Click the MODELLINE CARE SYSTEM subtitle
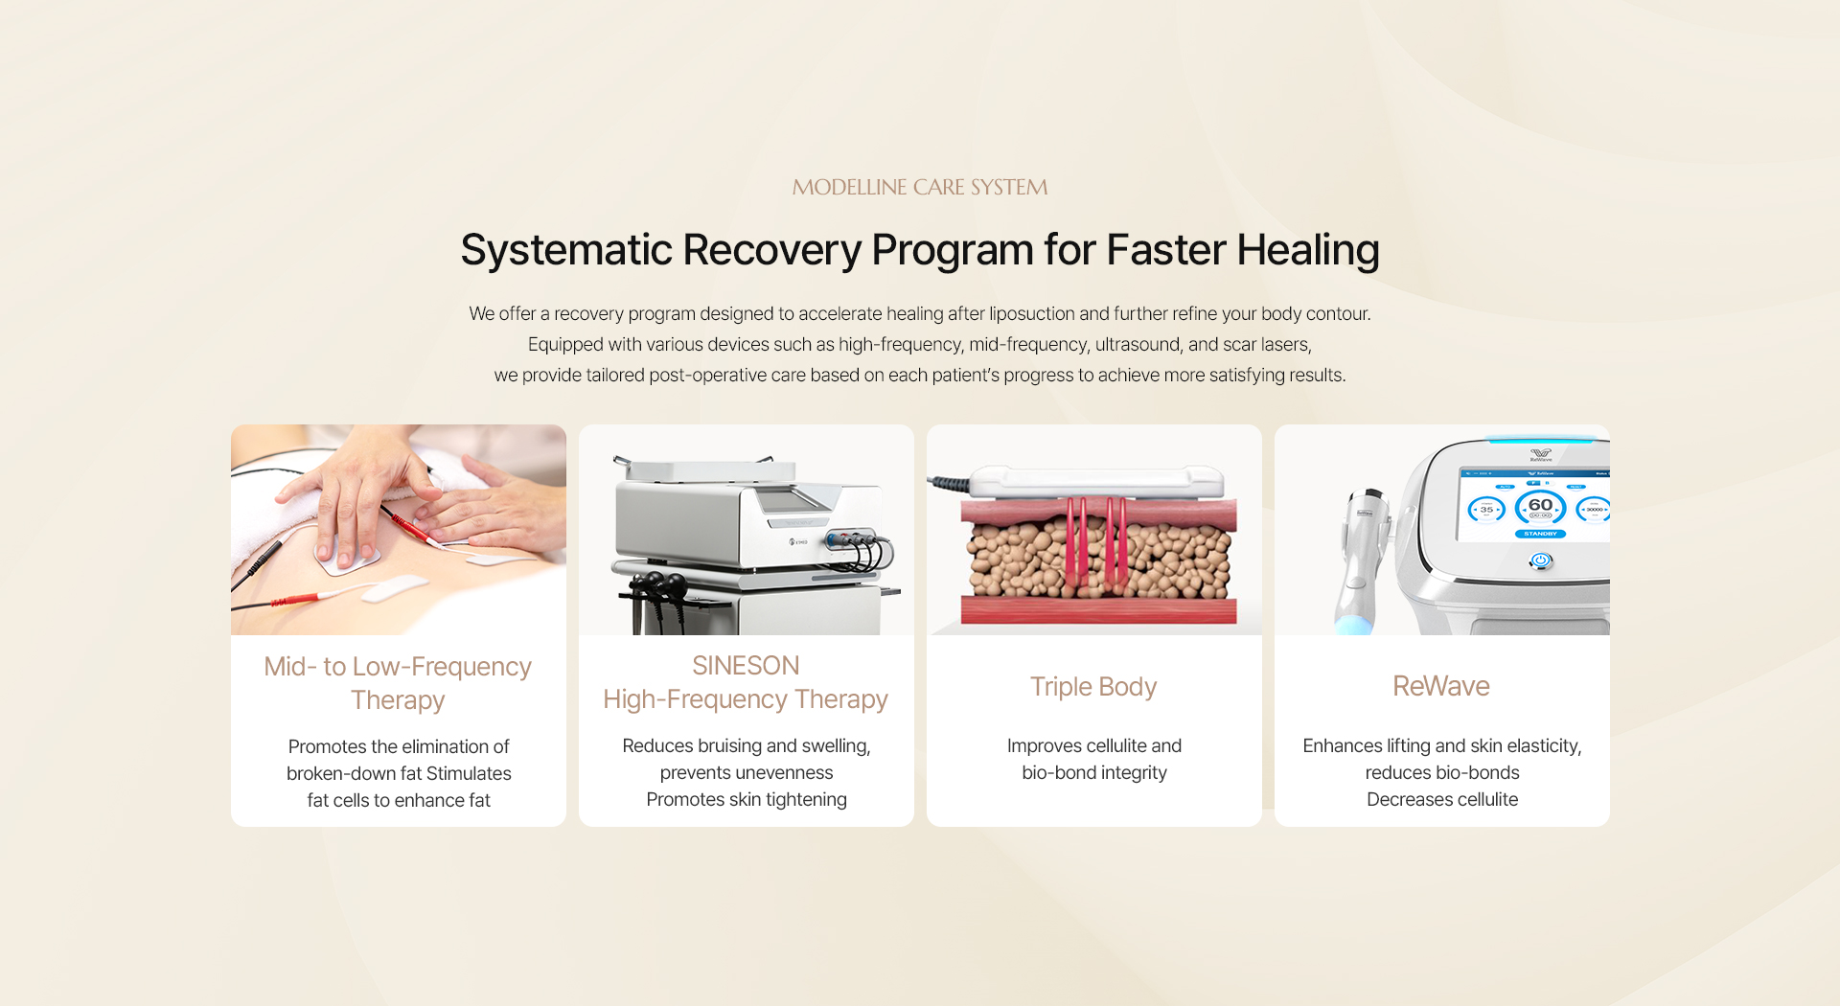920,187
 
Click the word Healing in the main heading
1307,250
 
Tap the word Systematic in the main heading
566,250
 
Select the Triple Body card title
1093,687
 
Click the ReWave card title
1441,686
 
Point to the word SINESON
746,665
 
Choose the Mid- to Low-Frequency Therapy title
398,683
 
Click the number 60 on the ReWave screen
1540,505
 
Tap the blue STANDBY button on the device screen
1540,534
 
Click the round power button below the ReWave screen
1541,560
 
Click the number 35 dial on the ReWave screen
1486,510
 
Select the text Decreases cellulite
1442,799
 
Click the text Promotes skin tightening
747,799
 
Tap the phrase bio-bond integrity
1094,772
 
